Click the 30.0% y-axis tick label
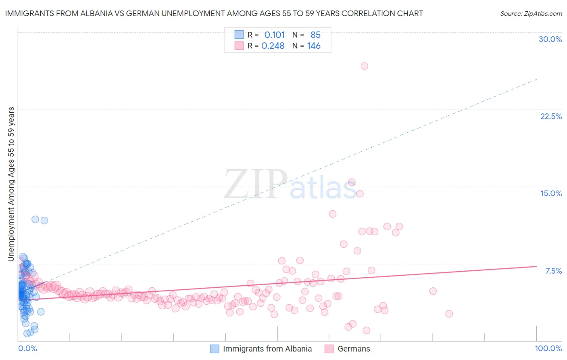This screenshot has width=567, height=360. click(550, 39)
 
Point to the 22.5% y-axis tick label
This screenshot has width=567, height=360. click(551, 116)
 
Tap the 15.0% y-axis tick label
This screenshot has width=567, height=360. click(551, 193)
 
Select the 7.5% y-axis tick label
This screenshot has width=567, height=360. click(553, 271)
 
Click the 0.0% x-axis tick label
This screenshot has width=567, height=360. click(27, 348)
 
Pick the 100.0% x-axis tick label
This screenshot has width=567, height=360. click(548, 348)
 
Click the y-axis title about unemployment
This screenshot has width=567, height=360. click(11, 184)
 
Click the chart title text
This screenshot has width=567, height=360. click(214, 13)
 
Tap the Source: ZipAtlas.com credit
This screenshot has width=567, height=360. click(531, 13)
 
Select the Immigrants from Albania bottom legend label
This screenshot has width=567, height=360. click(267, 349)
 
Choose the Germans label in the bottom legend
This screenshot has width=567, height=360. click(354, 349)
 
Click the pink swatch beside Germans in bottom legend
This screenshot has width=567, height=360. click(329, 349)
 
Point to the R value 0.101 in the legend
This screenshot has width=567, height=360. click(274, 35)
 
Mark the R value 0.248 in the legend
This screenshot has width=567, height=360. click(273, 46)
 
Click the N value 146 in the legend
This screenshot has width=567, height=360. click(313, 46)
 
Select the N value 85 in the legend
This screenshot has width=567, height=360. click(315, 35)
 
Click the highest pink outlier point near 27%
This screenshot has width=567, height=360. click(364, 66)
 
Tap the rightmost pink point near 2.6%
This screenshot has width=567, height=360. click(449, 314)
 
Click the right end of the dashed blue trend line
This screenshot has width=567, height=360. click(537, 79)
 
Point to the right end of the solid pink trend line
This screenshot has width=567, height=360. click(536, 266)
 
